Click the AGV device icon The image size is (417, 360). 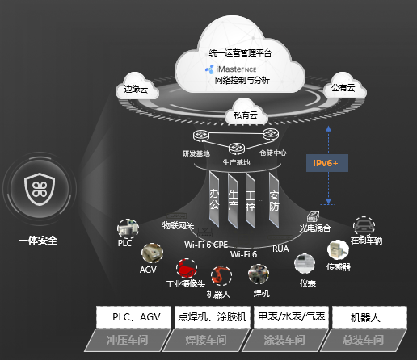[150, 253]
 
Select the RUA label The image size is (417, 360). [280, 248]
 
